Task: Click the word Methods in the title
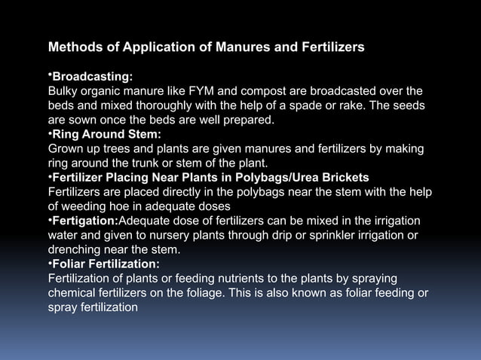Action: pos(74,47)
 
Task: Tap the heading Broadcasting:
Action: pos(93,77)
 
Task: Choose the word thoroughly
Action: pos(151,105)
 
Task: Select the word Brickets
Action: pos(345,177)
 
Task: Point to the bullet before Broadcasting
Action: pos(50,75)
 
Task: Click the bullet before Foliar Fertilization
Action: pos(50,262)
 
